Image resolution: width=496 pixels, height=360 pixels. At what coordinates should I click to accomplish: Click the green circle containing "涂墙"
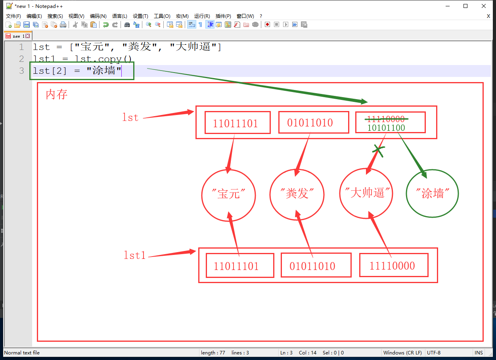pyautogui.click(x=407, y=193)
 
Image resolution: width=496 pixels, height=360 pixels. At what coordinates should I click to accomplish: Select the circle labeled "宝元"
pyautogui.click(x=202, y=195)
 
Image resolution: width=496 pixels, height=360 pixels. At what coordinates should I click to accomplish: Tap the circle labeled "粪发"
pyautogui.click(x=270, y=194)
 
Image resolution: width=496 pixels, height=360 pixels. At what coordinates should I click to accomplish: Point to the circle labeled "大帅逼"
pyautogui.click(x=340, y=193)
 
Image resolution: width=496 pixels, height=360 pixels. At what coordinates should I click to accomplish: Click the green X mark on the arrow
pyautogui.click(x=378, y=150)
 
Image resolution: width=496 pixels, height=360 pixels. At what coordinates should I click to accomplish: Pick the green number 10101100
pyautogui.click(x=386, y=128)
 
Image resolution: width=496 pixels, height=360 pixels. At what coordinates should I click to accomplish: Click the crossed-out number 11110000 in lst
pyautogui.click(x=386, y=119)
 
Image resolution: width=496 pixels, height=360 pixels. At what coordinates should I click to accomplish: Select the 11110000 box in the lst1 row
pyautogui.click(x=394, y=265)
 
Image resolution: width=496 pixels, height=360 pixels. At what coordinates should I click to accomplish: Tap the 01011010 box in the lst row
pyautogui.click(x=314, y=123)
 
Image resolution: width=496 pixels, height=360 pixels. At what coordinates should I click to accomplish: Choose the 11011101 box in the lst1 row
pyautogui.click(x=240, y=266)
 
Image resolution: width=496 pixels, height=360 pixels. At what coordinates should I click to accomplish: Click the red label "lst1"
pyautogui.click(x=134, y=255)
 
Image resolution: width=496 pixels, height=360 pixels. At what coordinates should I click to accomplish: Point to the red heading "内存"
pyautogui.click(x=56, y=94)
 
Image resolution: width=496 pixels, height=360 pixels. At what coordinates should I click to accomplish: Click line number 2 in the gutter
pyautogui.click(x=21, y=59)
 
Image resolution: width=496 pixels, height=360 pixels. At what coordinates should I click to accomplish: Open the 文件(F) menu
pyautogui.click(x=13, y=16)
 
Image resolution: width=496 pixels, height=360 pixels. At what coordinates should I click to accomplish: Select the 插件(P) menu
pyautogui.click(x=223, y=16)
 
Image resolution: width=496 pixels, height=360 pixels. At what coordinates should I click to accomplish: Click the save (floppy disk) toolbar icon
pyautogui.click(x=27, y=25)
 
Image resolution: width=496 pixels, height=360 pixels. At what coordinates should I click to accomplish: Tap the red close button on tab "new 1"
pyautogui.click(x=27, y=36)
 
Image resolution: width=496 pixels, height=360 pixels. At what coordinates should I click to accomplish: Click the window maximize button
pyautogui.click(x=465, y=6)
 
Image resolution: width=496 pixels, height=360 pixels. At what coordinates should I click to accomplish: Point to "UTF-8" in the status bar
pyautogui.click(x=434, y=352)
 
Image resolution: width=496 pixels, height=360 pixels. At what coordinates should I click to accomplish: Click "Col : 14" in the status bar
pyautogui.click(x=308, y=352)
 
